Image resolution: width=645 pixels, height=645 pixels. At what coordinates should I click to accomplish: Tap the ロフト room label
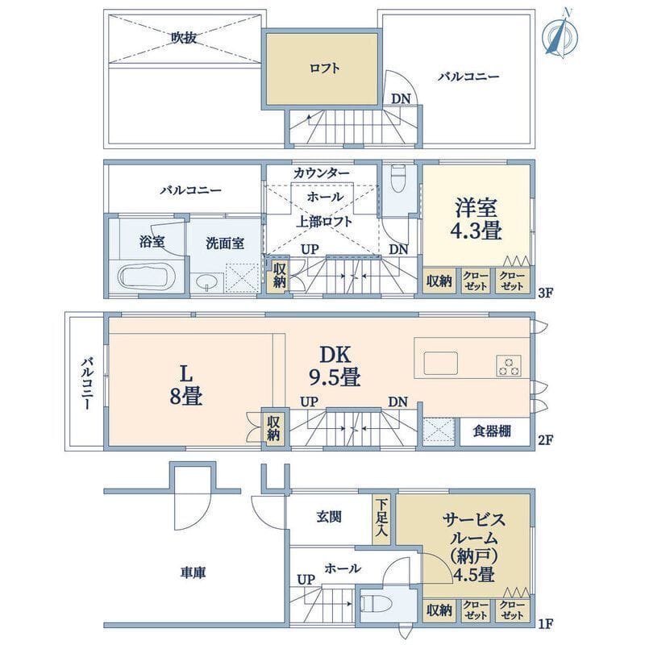(x=323, y=69)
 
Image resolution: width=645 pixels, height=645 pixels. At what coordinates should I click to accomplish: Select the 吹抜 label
(x=184, y=36)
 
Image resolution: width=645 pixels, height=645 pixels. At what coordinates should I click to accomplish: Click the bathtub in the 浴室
(x=145, y=277)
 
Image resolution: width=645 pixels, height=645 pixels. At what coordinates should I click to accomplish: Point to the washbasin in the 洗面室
(x=207, y=281)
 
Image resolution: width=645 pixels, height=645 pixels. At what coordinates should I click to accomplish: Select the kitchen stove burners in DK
(x=510, y=365)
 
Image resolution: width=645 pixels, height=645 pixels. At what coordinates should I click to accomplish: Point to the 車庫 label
(x=192, y=572)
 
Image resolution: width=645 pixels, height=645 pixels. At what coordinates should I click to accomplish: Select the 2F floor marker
(x=545, y=441)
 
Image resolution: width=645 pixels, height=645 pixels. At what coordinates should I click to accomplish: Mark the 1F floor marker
(x=545, y=623)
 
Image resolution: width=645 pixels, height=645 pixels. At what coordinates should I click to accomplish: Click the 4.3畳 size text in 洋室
(x=476, y=231)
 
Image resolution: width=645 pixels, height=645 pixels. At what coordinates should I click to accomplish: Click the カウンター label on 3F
(x=322, y=173)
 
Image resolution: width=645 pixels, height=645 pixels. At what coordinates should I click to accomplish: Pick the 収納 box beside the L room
(x=274, y=427)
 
